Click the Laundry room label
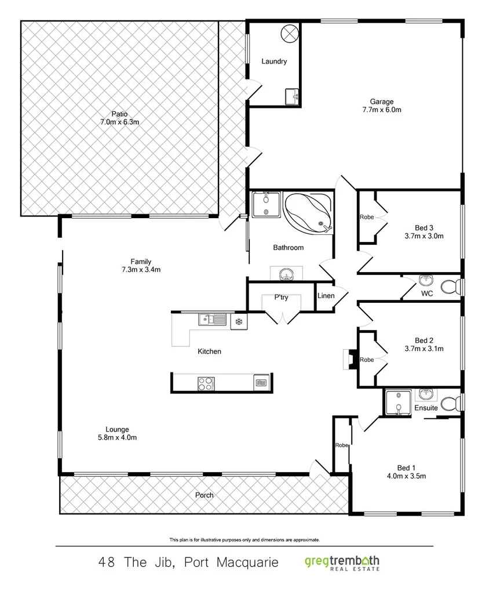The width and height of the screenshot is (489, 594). click(273, 61)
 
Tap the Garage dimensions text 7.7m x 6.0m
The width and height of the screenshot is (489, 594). click(382, 110)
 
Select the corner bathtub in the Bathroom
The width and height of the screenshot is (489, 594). click(308, 212)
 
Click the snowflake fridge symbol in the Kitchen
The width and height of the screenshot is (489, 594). click(238, 321)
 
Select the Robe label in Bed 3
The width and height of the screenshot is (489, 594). click(366, 217)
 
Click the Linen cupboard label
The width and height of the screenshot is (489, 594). click(326, 296)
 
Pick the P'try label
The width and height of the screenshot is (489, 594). click(281, 298)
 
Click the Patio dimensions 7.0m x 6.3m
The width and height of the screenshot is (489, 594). click(119, 122)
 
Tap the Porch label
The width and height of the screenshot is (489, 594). click(204, 495)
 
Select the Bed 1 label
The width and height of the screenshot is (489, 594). click(406, 468)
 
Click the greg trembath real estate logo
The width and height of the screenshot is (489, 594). click(342, 563)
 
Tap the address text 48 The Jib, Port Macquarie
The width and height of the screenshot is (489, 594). click(189, 563)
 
